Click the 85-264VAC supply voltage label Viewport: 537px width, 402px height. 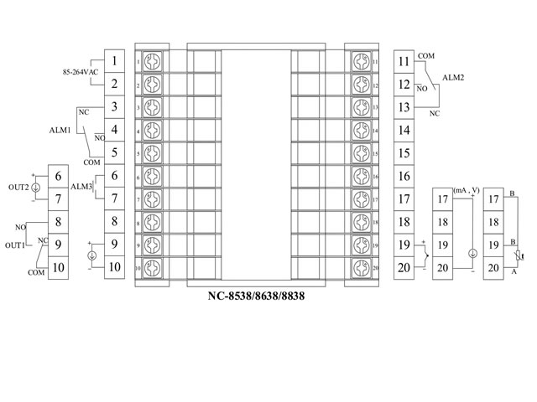click(x=81, y=72)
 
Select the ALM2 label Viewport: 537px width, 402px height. click(x=453, y=75)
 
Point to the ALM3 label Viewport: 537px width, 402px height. click(x=81, y=186)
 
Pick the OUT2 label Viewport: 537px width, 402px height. click(x=18, y=186)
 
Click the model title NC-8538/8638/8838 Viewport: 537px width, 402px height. click(x=256, y=296)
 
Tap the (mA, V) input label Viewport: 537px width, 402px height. click(x=466, y=191)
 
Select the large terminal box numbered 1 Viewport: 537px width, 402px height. click(x=113, y=61)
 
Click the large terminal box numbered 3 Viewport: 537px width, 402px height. click(x=113, y=107)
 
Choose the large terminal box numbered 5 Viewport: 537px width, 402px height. click(x=113, y=153)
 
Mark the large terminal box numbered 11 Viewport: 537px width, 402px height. click(x=404, y=61)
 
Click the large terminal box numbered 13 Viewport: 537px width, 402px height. click(x=404, y=107)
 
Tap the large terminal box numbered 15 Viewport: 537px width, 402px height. click(x=404, y=153)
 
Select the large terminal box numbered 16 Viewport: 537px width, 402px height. click(x=404, y=176)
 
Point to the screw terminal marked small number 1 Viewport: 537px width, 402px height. click(x=153, y=61)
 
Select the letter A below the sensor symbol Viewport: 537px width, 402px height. click(x=514, y=272)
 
